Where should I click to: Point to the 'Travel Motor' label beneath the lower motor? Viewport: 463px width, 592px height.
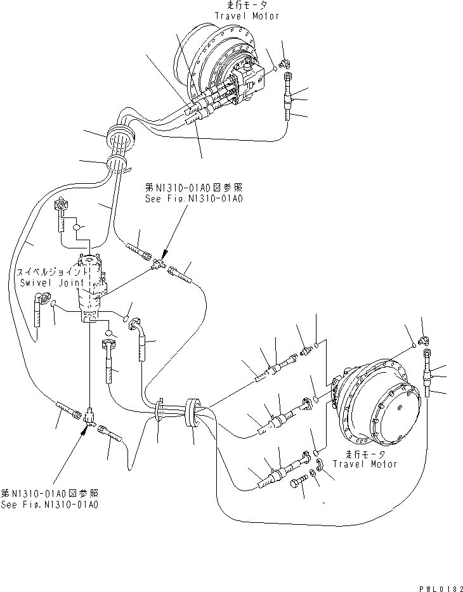[x=372, y=463]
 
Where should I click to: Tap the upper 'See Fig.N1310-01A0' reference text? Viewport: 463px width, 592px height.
[x=193, y=198]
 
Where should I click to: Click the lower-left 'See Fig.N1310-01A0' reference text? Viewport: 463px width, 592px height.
[x=49, y=505]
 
